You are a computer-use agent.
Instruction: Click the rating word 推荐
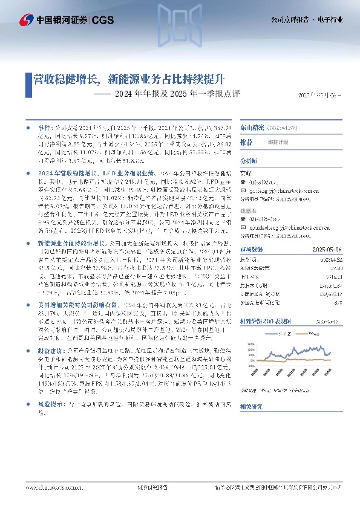246,141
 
